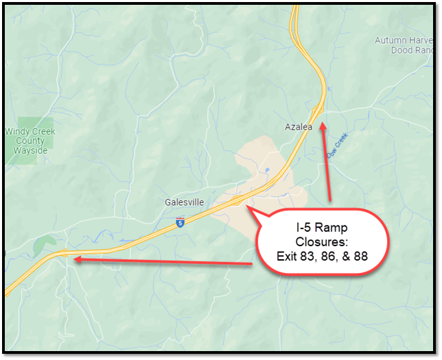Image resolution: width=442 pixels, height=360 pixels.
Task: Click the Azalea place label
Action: coord(299,127)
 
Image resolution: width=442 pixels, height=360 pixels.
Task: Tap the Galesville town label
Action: coord(182,202)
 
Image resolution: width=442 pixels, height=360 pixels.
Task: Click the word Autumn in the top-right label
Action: coord(390,40)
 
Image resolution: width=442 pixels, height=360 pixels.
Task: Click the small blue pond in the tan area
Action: coord(266,170)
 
